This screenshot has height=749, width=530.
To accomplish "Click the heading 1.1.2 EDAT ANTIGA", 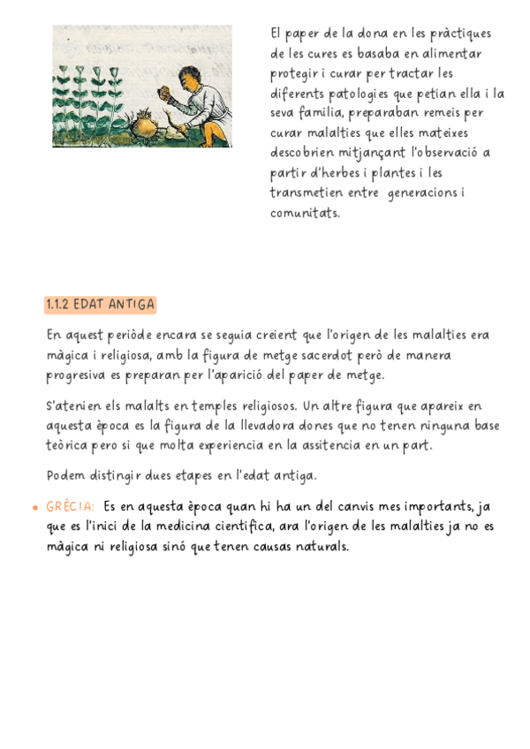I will [x=100, y=305].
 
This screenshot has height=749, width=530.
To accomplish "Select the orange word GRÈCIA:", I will [x=70, y=507].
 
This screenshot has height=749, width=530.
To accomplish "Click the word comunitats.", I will [x=305, y=213].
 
